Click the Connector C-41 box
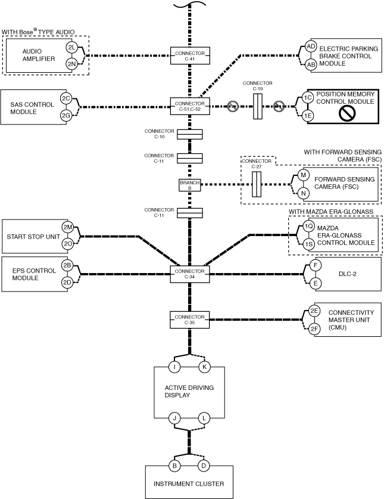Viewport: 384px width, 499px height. (190, 55)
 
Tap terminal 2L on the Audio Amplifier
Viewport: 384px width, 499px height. (71, 48)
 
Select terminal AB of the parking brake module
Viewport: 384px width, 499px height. (311, 64)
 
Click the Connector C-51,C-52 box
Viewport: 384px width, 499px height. (190, 106)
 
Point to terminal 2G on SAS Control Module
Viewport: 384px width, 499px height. (66, 116)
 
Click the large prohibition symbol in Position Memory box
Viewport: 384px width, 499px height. (345, 114)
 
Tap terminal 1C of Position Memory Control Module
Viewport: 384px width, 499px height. (307, 98)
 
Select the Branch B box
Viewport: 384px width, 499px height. (190, 185)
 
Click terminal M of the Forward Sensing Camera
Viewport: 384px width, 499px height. (303, 175)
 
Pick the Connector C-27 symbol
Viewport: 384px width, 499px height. (257, 184)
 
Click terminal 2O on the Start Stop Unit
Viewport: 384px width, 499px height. (68, 244)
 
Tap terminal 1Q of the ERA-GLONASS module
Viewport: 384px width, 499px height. (308, 227)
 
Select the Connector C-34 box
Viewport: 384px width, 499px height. (190, 274)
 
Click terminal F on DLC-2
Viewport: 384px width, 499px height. (316, 265)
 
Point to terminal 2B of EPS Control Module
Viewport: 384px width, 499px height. (67, 265)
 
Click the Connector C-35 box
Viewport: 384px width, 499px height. (190, 320)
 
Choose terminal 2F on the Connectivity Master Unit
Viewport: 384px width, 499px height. (314, 328)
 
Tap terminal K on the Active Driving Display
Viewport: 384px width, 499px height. (204, 367)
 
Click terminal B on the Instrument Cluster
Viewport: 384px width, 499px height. (174, 466)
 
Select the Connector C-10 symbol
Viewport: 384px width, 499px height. (190, 134)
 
